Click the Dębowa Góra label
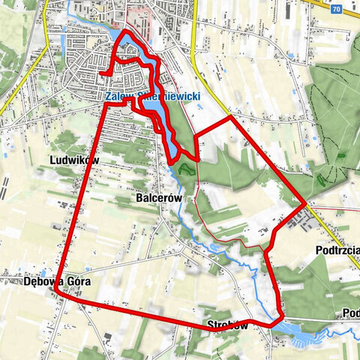coord(51,283)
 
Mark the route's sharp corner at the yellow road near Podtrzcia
coord(305,203)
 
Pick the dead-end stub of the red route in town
coord(100,73)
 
